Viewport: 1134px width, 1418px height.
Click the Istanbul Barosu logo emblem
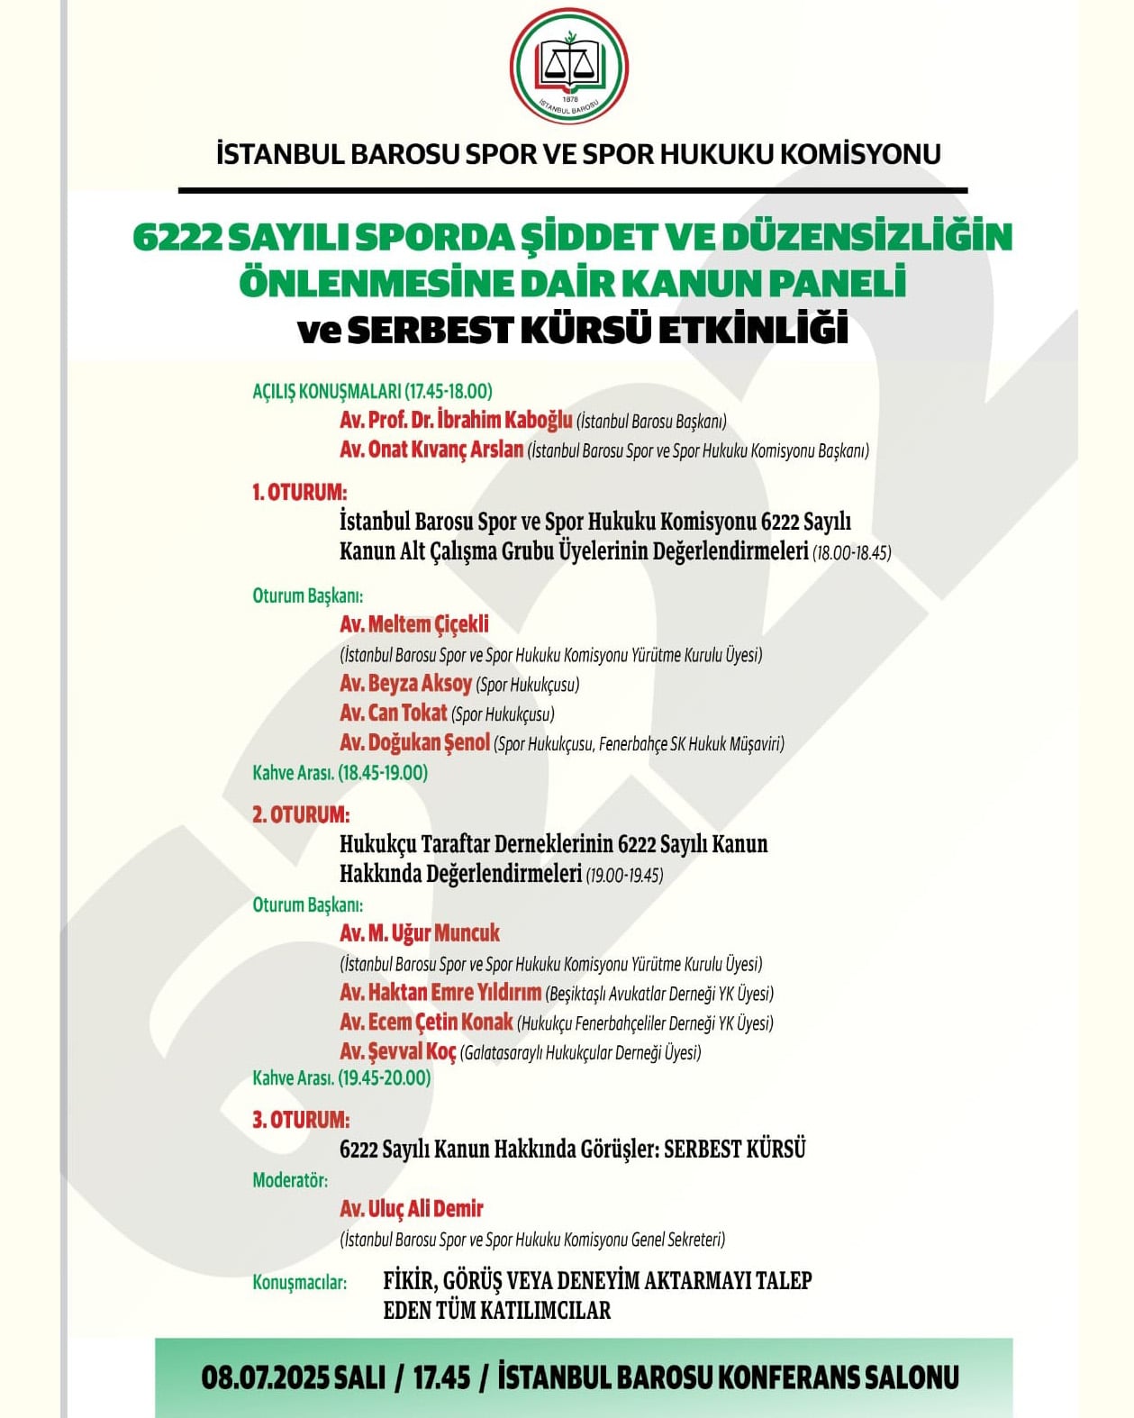(x=568, y=68)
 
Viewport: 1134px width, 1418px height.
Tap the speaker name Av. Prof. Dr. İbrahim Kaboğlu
(x=456, y=420)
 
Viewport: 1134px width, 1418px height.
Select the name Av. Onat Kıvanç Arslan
(x=431, y=450)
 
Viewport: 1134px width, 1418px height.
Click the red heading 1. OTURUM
(x=299, y=493)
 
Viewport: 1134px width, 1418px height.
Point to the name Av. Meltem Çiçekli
(x=414, y=624)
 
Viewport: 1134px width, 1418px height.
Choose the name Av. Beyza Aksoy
(x=405, y=684)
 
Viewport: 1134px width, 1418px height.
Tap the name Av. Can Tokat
(x=394, y=714)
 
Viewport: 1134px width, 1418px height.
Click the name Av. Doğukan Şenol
(x=414, y=743)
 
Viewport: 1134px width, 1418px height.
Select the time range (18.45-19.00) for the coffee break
(x=383, y=773)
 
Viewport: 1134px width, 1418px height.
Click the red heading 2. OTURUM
(x=300, y=814)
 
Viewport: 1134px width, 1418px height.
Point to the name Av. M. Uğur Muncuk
(x=420, y=933)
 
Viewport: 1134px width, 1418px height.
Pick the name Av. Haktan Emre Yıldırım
(x=440, y=993)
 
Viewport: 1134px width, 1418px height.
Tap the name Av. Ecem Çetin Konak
(x=426, y=1023)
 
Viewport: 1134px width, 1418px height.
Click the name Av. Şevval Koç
(x=398, y=1051)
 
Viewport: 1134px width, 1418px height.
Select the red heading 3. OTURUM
(x=300, y=1120)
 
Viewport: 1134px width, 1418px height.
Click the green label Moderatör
(x=290, y=1180)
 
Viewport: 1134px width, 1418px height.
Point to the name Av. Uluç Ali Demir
(x=412, y=1209)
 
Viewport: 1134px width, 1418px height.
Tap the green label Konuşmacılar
(x=299, y=1282)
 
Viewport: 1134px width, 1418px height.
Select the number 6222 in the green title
(x=177, y=237)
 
